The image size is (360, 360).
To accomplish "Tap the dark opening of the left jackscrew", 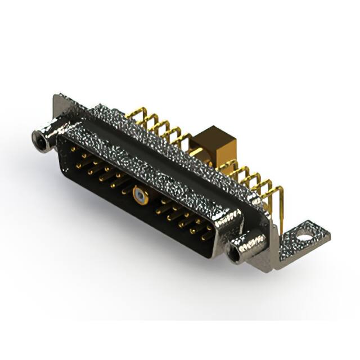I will tap(40, 137).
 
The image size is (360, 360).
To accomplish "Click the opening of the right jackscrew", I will tap(233, 254).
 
